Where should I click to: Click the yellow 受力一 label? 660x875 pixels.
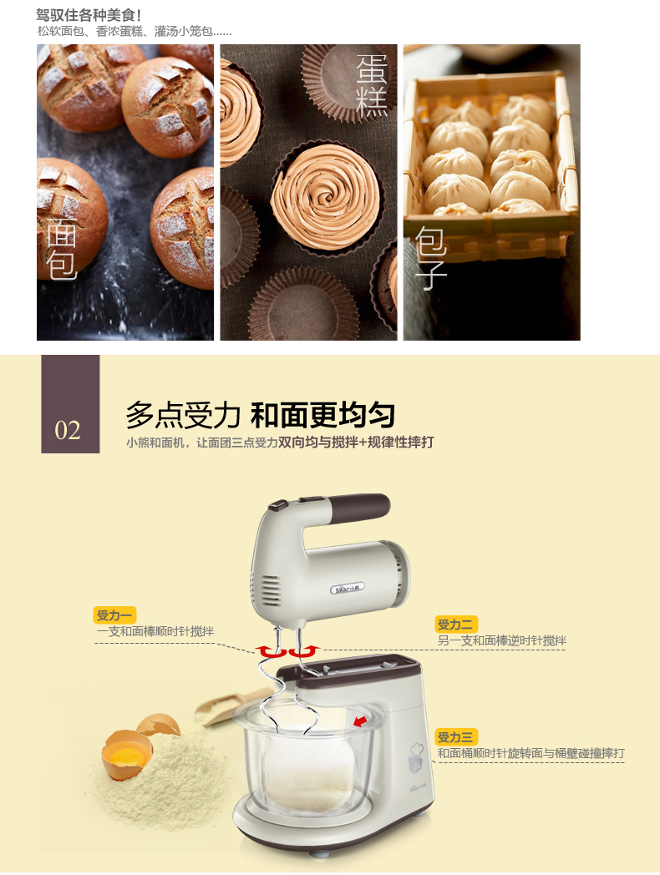pos(114,615)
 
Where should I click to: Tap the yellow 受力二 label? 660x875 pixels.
pos(456,624)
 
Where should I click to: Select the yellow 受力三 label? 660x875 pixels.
pos(456,736)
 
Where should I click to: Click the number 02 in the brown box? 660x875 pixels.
pos(68,430)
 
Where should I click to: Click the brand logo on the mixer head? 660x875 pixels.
pos(348,588)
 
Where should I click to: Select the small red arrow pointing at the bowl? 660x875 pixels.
pos(360,721)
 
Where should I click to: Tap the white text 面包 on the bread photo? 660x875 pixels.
pos(61,248)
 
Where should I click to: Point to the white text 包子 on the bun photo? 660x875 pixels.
pos(430,258)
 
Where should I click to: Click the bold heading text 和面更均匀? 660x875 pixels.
pos(322,415)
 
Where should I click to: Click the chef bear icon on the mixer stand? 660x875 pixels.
pos(415,757)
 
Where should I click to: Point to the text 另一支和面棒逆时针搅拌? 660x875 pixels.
pos(501,640)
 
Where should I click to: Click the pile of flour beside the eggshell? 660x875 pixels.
pos(162,770)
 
